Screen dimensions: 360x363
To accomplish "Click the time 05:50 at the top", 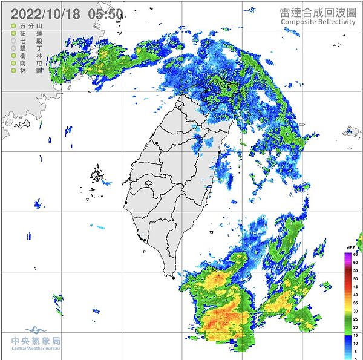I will click(x=105, y=13).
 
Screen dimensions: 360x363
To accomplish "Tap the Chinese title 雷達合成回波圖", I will click(x=317, y=11).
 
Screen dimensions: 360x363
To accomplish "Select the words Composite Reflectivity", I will click(x=317, y=22).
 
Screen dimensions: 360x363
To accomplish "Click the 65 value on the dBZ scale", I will click(x=356, y=255).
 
